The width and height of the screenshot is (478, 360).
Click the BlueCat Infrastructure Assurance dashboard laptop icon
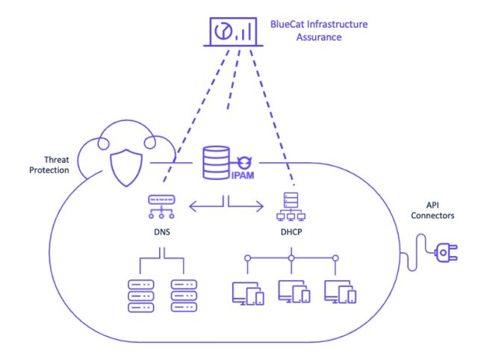point(233,32)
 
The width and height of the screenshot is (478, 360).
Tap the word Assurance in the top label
point(319,37)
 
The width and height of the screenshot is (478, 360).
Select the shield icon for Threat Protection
point(126,167)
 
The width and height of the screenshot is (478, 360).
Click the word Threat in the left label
point(57,160)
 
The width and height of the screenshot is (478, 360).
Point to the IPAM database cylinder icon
point(216,163)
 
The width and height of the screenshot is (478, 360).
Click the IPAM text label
point(243,176)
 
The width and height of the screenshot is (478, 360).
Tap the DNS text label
point(162,232)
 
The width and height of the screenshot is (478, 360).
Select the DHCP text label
point(291,232)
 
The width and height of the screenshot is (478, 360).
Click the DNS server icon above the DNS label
point(161,207)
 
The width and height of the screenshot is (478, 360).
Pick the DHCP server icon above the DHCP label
point(291,206)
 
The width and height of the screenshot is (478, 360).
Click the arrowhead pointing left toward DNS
point(193,206)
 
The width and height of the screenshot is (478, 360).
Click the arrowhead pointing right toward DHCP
point(260,206)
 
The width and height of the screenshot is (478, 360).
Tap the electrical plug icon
point(446,252)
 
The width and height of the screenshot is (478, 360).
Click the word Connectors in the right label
point(432,216)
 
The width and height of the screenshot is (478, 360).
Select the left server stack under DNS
point(141,296)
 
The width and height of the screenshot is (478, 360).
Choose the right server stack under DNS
point(184,296)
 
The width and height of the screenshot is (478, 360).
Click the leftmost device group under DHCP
point(248,294)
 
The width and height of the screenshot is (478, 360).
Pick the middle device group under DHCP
point(294,292)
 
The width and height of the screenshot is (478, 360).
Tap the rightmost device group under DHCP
point(341,292)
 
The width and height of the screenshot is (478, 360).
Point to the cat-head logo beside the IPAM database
point(244,162)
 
